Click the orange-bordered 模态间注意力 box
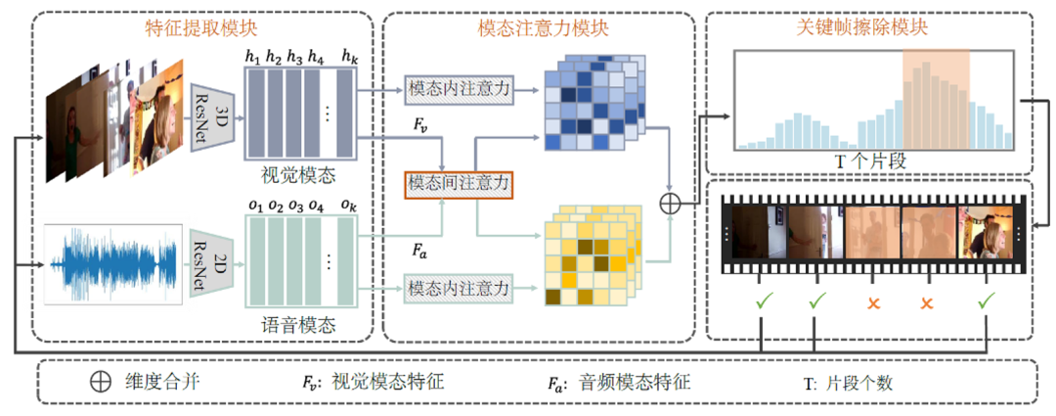coord(460,183)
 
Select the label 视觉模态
coord(297,177)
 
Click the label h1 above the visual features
coord(256,57)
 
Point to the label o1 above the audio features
coord(256,207)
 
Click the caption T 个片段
coord(872,162)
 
